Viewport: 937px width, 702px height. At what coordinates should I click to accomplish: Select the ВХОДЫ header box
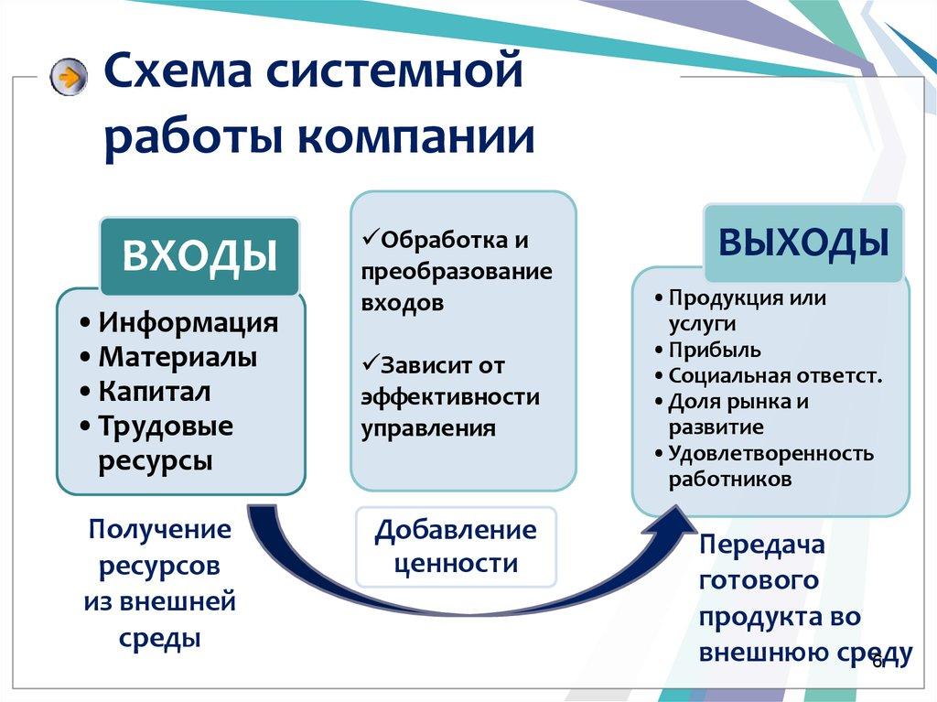click(199, 255)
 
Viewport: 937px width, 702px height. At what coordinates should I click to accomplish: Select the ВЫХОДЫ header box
click(802, 243)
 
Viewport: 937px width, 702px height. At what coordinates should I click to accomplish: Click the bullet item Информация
click(188, 323)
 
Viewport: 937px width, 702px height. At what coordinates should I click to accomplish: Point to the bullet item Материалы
click(178, 357)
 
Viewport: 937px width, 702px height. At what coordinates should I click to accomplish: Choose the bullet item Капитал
click(155, 392)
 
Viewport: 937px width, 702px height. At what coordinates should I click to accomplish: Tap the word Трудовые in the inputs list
click(166, 427)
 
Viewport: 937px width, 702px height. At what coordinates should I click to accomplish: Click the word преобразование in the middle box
click(457, 272)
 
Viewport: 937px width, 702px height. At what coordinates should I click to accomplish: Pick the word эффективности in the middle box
click(449, 397)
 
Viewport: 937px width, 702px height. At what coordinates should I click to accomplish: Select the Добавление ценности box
click(456, 546)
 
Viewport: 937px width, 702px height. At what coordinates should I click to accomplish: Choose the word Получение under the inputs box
click(160, 530)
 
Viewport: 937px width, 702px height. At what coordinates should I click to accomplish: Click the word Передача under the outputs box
click(762, 545)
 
